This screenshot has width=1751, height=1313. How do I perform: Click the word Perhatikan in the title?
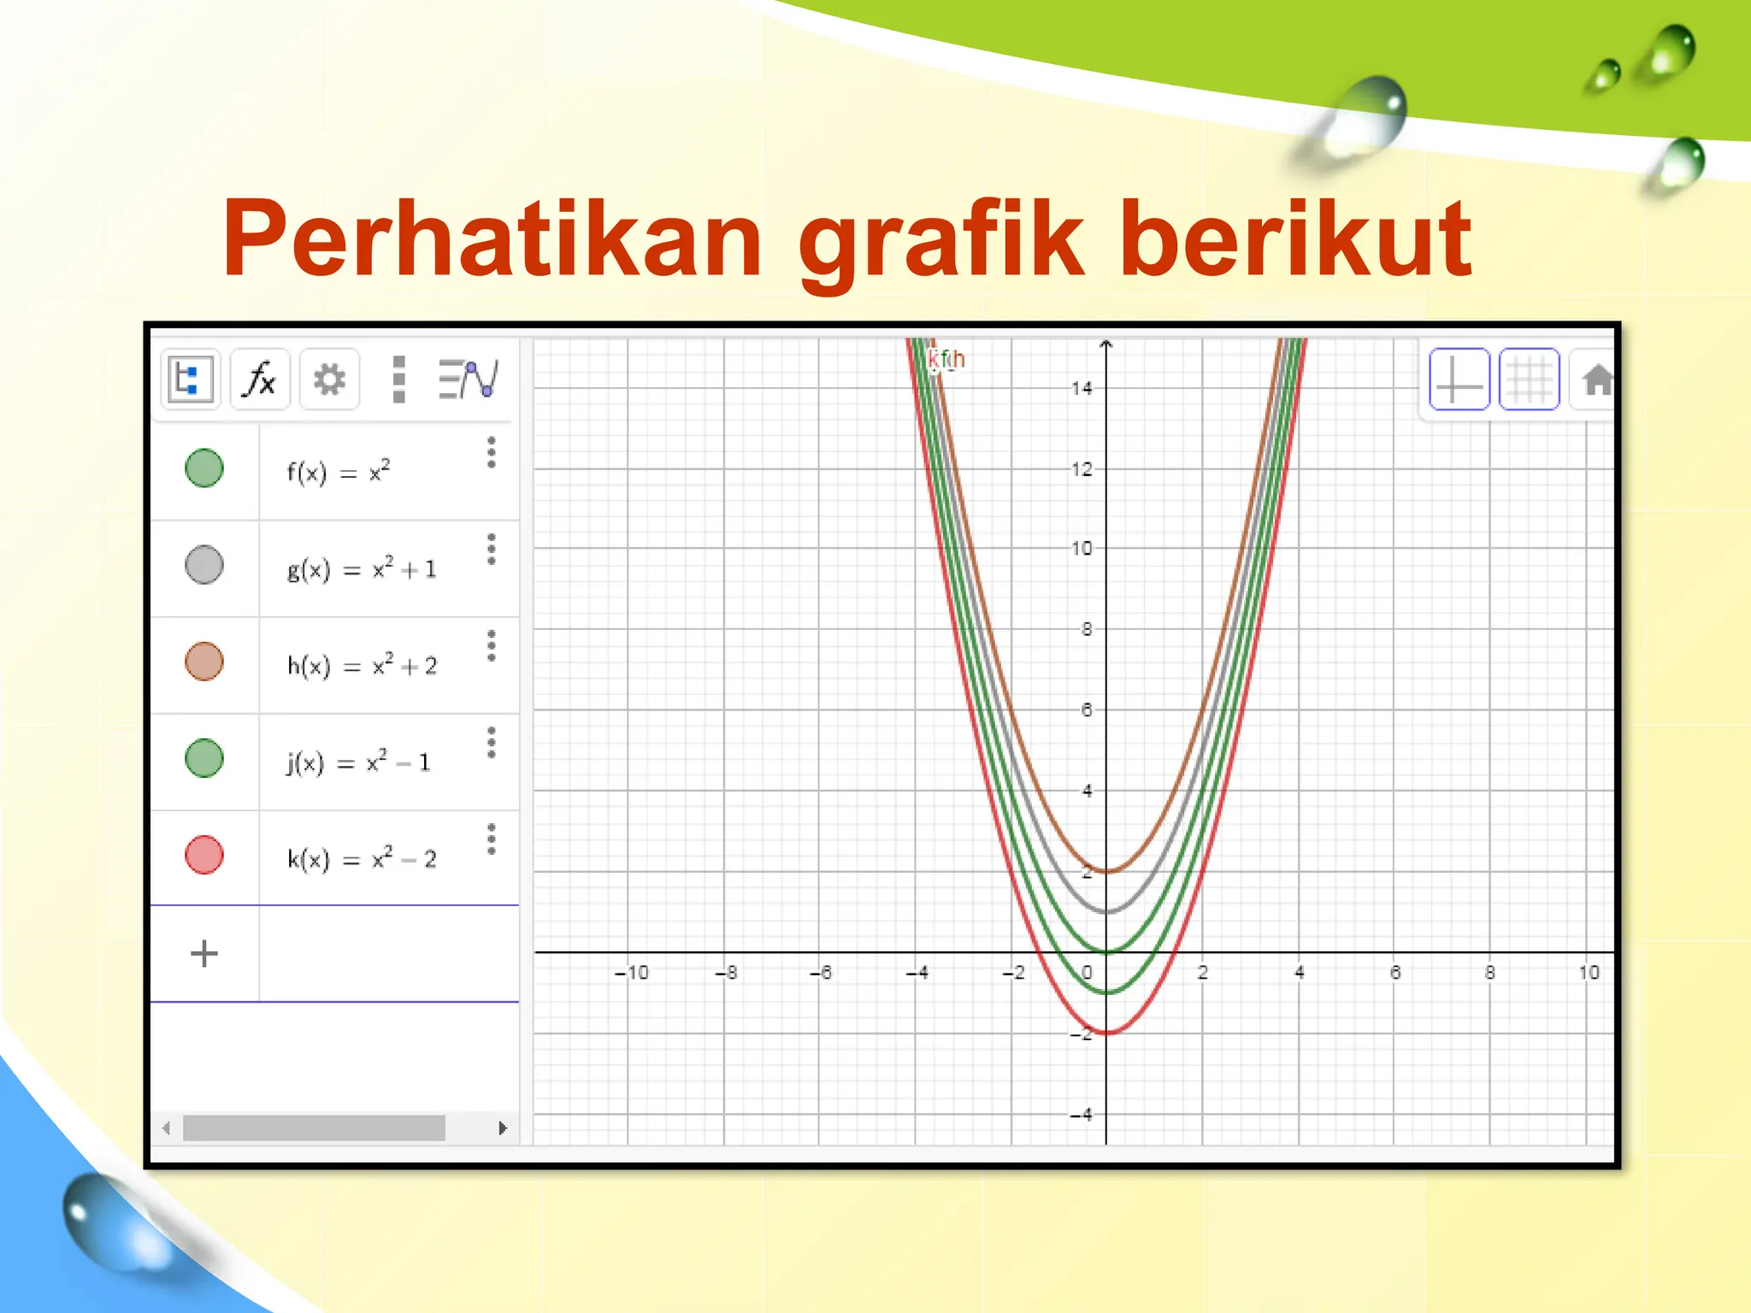click(492, 239)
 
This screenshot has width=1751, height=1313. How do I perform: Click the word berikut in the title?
click(1295, 239)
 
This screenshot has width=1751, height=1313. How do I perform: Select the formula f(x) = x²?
click(339, 471)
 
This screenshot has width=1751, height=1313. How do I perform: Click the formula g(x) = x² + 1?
click(362, 568)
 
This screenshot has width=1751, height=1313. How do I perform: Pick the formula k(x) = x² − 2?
click(362, 857)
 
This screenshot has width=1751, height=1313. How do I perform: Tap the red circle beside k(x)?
click(204, 855)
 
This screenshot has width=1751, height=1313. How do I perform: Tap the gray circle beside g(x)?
click(204, 565)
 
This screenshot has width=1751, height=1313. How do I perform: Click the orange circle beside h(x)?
click(204, 662)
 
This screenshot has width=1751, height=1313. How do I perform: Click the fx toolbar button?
click(260, 379)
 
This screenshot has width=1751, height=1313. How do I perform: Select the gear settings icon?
click(329, 379)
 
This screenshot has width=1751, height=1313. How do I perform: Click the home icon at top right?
click(1595, 380)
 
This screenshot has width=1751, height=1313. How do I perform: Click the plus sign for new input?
click(204, 953)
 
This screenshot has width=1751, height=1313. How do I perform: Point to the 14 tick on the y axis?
click(1082, 388)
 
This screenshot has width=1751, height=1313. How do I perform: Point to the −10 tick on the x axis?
click(632, 973)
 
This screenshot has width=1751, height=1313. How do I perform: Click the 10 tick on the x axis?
click(1589, 973)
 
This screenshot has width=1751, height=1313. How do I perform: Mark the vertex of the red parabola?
click(1106, 1033)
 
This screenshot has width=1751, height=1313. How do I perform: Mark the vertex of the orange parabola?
click(1106, 871)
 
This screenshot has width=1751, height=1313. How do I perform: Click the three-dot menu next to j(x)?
click(492, 743)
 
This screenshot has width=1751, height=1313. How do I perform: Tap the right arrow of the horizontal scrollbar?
click(503, 1128)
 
